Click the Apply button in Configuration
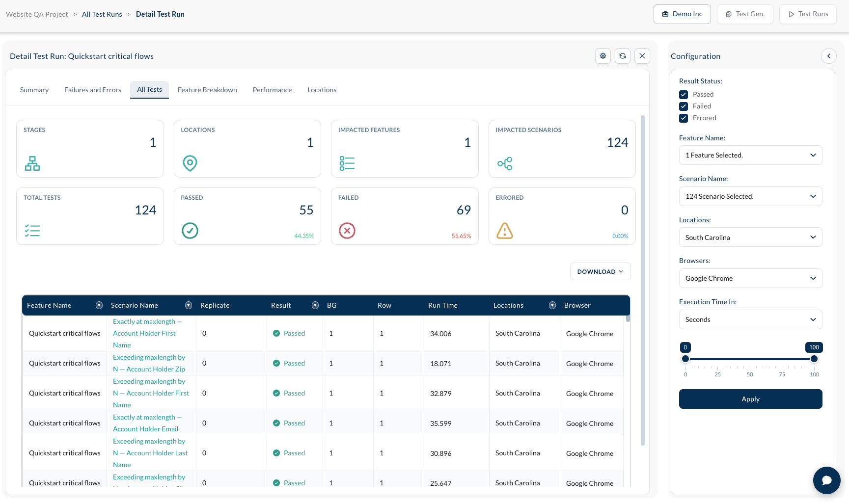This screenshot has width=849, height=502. point(750,399)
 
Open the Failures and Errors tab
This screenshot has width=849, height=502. point(93,90)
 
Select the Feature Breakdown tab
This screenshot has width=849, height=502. point(207,90)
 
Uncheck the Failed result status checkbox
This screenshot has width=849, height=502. point(684,106)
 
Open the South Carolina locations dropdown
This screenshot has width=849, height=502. point(750,237)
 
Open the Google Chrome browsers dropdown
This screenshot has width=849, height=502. point(750,278)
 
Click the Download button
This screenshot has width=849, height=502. point(600,271)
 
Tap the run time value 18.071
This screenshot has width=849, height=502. point(441,364)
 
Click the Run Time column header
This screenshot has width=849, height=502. point(443,305)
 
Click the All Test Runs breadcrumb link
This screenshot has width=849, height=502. point(102,14)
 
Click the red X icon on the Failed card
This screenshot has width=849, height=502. point(347,231)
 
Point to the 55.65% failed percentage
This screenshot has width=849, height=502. point(461,236)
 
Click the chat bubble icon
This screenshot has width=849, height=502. point(827,480)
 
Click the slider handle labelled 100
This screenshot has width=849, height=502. point(814,359)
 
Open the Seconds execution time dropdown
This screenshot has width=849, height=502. point(750,319)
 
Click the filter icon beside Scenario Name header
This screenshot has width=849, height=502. point(189,305)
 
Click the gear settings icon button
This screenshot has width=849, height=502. point(603,56)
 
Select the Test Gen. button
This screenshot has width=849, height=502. point(745,14)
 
